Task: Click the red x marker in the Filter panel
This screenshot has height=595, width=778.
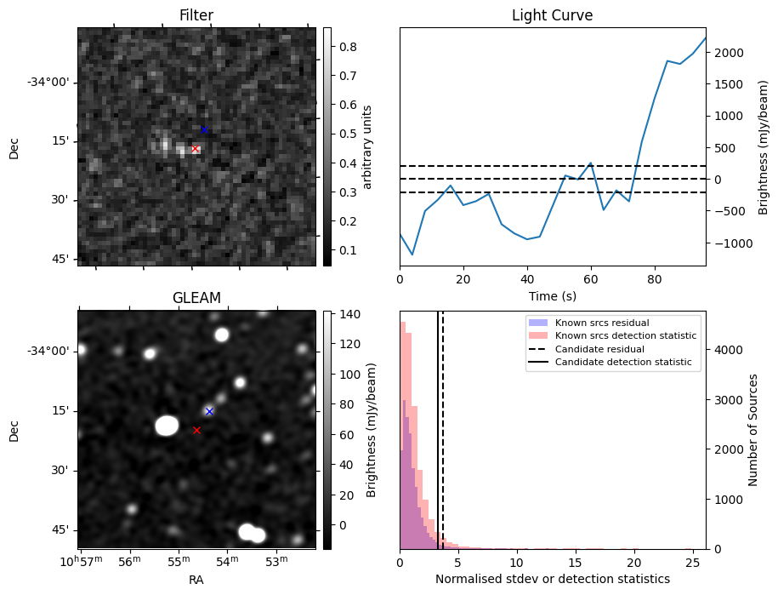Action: point(195,149)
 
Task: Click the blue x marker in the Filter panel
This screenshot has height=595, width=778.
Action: point(204,129)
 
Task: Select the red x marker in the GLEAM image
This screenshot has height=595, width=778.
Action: point(196,430)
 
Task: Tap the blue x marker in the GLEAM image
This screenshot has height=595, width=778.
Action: point(209,411)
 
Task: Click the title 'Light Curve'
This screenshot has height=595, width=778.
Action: point(552,15)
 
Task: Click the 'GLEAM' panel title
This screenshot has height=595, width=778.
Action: point(196,298)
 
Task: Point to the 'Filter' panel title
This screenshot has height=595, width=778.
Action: point(196,15)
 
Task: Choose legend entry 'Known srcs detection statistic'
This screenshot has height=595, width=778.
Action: point(625,335)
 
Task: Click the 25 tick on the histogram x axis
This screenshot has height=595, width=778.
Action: point(693,563)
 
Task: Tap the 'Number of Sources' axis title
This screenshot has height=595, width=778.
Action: point(754,430)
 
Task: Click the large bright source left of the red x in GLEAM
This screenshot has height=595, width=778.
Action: point(167,425)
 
